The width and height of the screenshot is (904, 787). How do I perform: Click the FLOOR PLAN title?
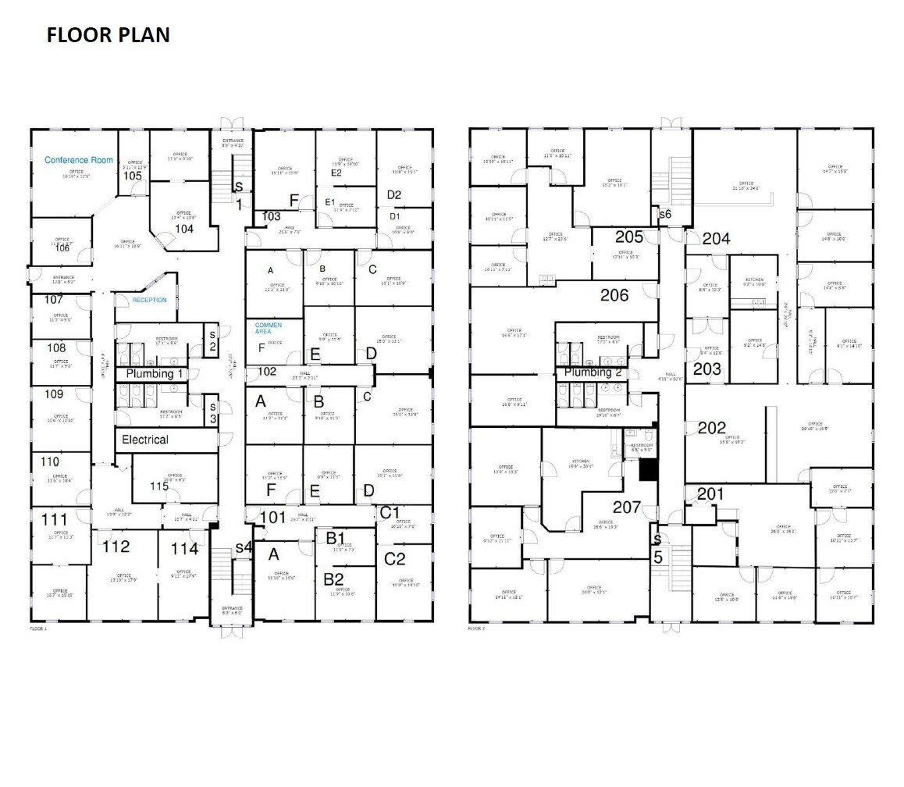coord(108,35)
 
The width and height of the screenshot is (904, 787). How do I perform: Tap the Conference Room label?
coord(79,160)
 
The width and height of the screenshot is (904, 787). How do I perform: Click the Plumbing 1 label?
coord(155,374)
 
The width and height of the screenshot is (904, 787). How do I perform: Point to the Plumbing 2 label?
coord(593,372)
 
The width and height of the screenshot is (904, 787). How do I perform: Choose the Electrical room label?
coord(145,440)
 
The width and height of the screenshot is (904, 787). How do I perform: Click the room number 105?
coord(133,176)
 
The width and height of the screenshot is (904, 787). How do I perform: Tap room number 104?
coord(184,229)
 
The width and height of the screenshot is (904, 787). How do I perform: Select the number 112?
coord(116,547)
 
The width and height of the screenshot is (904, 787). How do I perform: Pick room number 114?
coord(184,549)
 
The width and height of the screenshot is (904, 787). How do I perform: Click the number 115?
coord(159,486)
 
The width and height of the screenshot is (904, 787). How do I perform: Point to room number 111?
coord(54,520)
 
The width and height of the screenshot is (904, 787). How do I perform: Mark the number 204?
coord(716,239)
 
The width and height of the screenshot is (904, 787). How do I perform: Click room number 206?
coord(614,295)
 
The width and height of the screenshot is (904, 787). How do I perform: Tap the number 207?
coord(627,507)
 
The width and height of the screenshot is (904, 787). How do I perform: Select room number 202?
coord(711,428)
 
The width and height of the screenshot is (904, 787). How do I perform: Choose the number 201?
coord(710,493)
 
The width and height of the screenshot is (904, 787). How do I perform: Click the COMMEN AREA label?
coord(268,328)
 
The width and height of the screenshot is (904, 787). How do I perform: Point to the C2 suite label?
coord(396,558)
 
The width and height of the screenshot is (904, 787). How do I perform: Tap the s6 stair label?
coord(665,214)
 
